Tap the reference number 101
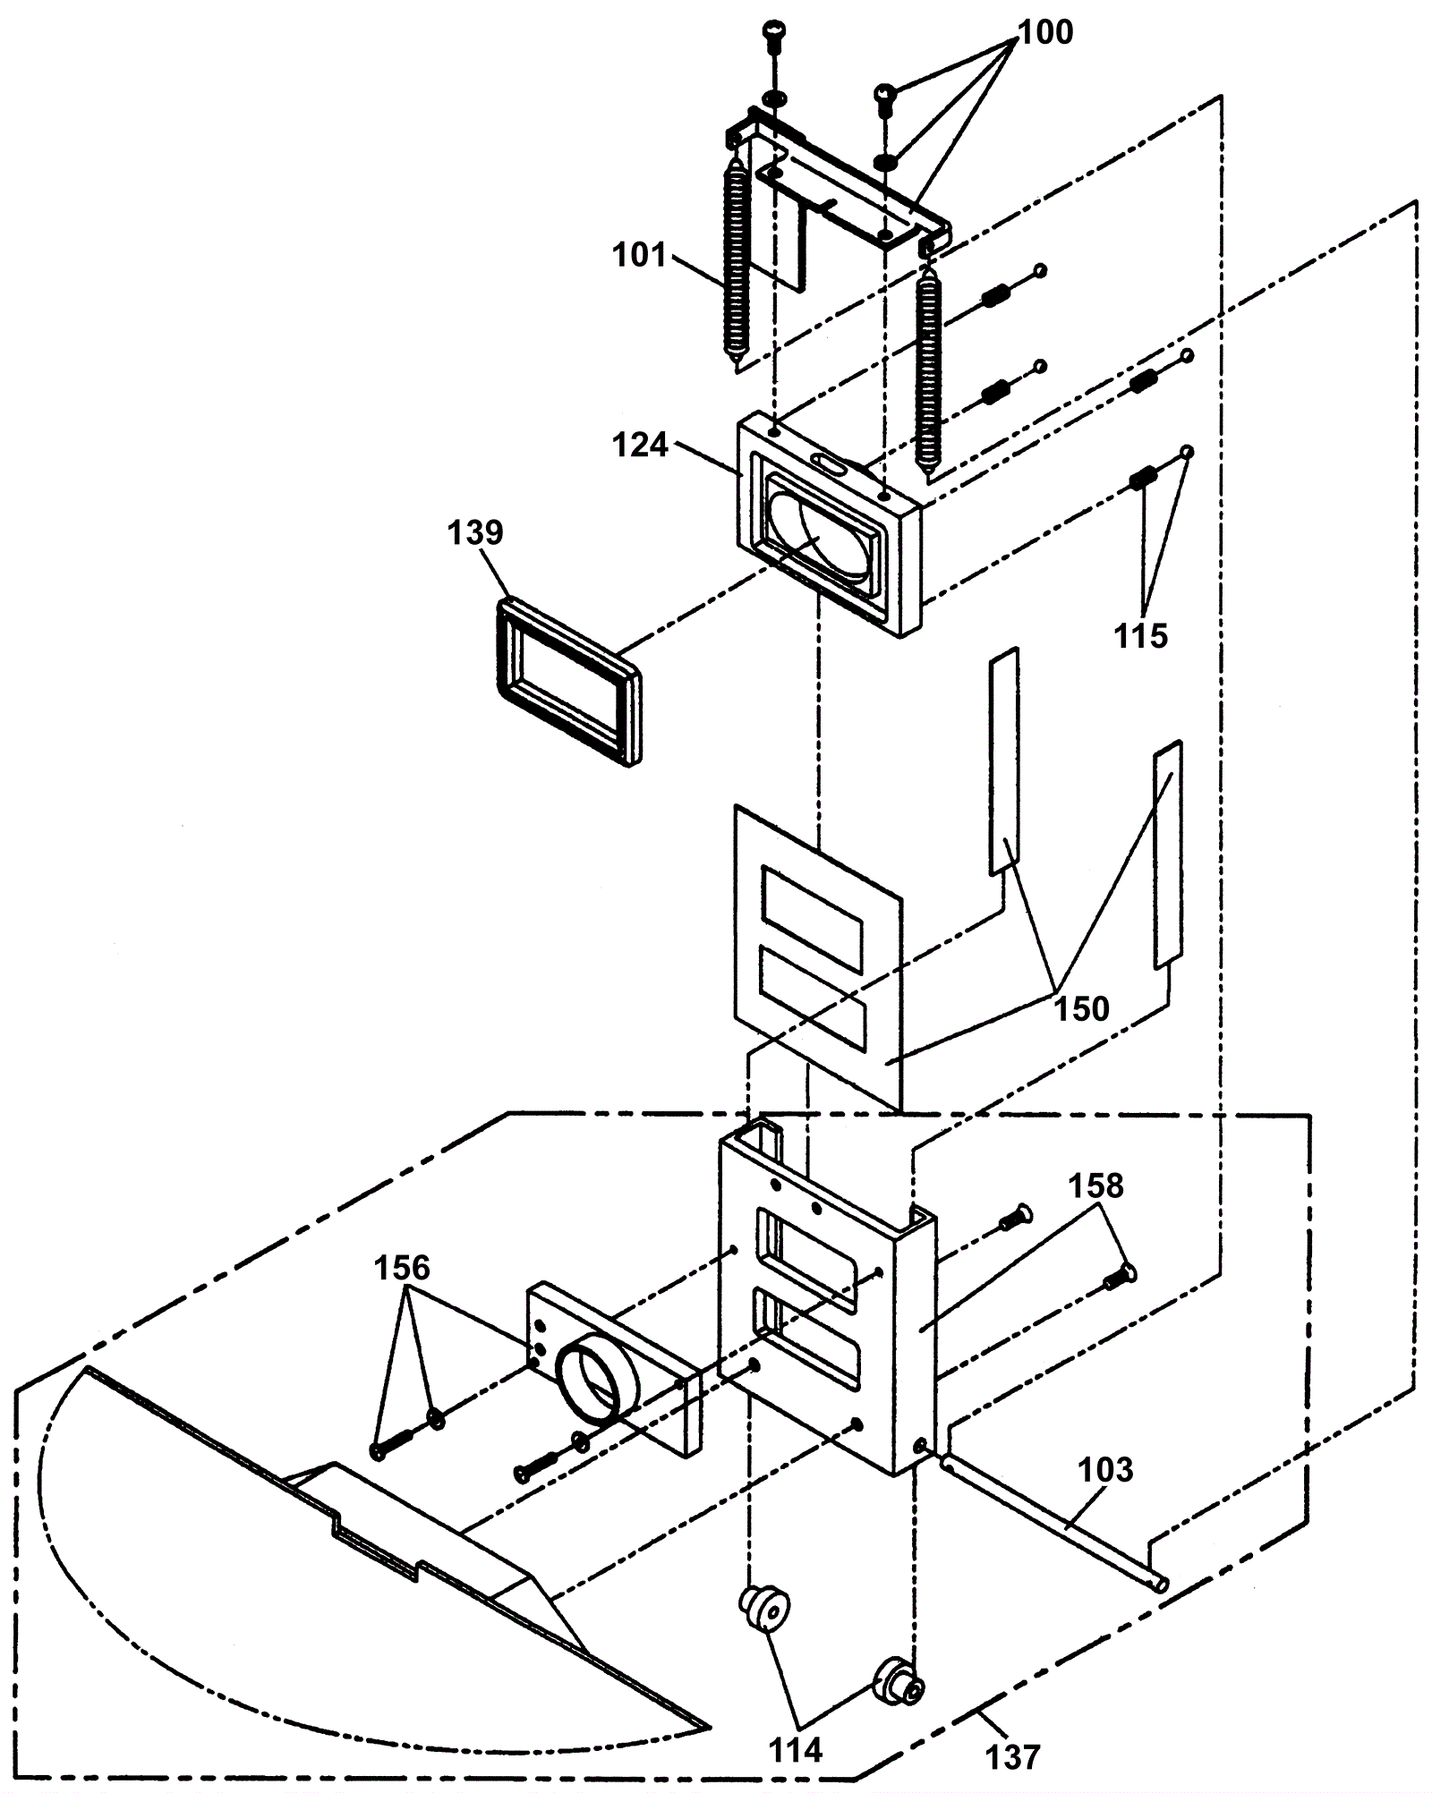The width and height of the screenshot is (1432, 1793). pos(640,256)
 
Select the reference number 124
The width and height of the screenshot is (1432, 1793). pos(641,445)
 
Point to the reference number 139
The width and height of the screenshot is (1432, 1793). pos(475,532)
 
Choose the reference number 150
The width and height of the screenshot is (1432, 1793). pos(1082,1008)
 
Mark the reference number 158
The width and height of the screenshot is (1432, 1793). pos(1096,1185)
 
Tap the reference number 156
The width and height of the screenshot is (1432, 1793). pos(402,1268)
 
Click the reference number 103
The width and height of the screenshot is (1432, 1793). pos(1106,1469)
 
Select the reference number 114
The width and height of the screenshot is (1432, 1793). pos(796,1750)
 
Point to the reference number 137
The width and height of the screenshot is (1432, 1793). pos(1013,1757)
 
